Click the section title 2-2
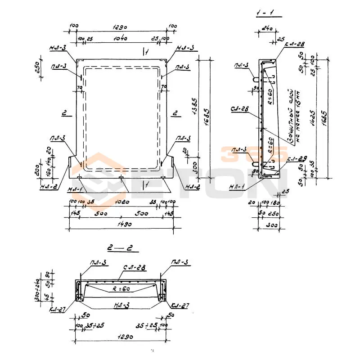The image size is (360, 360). [x=123, y=247]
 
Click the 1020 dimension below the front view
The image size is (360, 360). [x=121, y=202]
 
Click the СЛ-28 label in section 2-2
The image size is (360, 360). [x=134, y=269]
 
